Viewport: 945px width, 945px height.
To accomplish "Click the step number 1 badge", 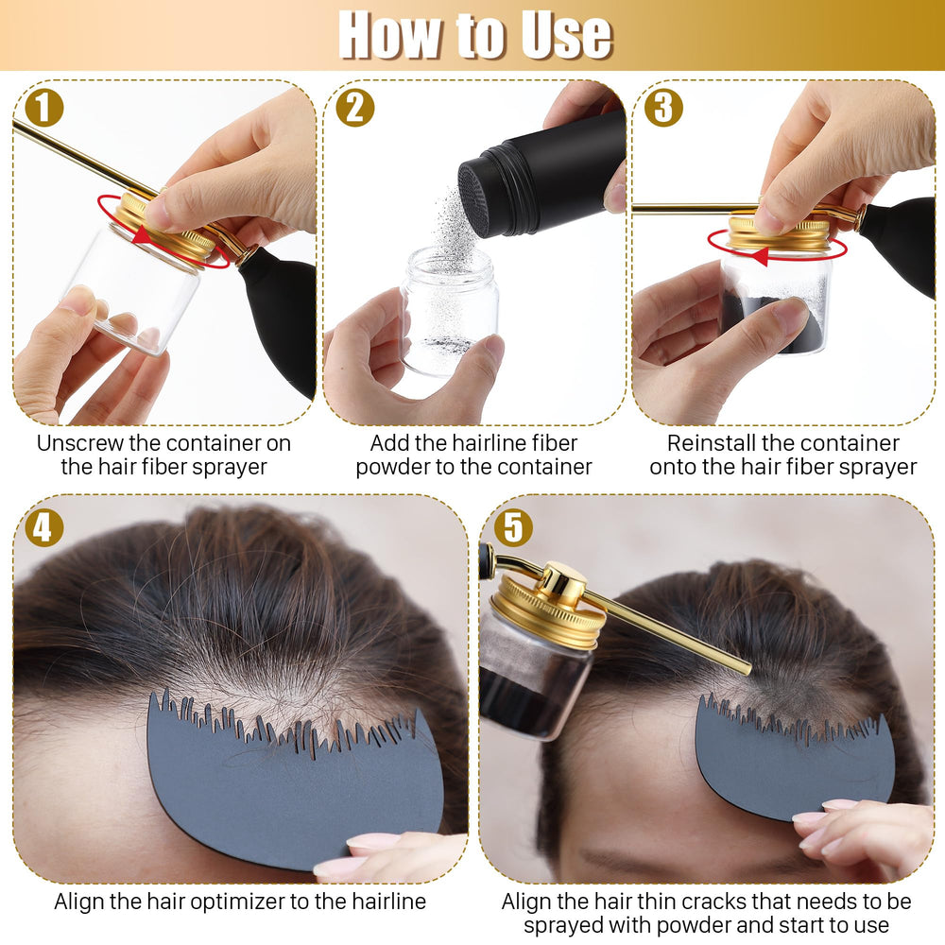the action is (x=44, y=108).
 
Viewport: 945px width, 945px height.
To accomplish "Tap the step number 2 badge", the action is (x=355, y=108).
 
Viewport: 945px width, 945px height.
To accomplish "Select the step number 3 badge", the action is (x=663, y=108).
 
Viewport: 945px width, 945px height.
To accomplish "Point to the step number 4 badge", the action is (x=44, y=527).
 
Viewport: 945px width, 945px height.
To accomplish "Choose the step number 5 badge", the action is (x=513, y=527).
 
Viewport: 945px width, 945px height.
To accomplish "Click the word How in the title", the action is (x=388, y=35).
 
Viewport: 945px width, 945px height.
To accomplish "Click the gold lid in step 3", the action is (x=781, y=233).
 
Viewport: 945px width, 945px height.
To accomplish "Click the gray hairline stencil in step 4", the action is (x=295, y=783).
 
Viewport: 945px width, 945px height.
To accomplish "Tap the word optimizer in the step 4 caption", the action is (x=232, y=902).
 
